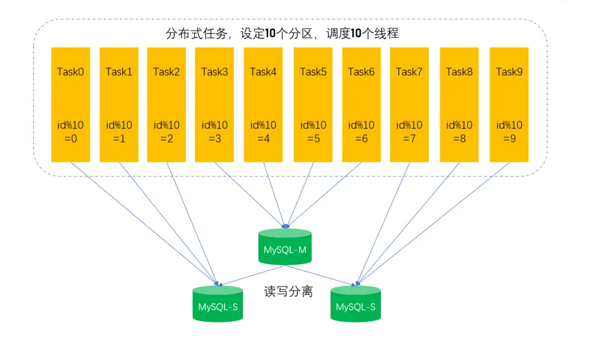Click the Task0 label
click(70, 72)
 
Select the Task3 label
click(215, 72)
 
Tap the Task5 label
click(313, 72)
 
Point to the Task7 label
click(409, 72)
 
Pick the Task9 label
click(509, 72)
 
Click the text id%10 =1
click(119, 132)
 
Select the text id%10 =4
click(263, 132)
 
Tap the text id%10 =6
click(361, 132)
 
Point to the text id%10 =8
click(459, 132)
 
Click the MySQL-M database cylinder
click(285, 247)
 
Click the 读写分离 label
click(288, 291)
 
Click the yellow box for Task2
click(167, 104)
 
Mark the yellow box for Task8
click(459, 104)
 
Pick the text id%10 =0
click(70, 132)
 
